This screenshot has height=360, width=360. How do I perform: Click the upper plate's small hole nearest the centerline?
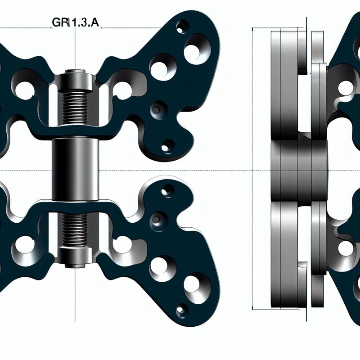click(167, 146)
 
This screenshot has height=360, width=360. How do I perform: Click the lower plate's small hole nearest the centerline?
click(166, 191)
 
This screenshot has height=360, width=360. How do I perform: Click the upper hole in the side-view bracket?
click(346, 88)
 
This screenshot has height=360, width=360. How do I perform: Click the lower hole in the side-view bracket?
click(346, 248)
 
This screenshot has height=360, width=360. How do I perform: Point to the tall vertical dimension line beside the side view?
click(253, 169)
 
